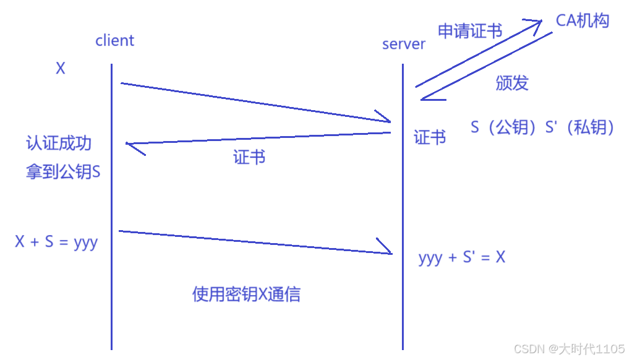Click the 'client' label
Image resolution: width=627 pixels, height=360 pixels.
[x=114, y=41]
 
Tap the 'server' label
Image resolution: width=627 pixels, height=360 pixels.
[x=404, y=44]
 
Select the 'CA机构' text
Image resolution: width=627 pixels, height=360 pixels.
[x=582, y=20]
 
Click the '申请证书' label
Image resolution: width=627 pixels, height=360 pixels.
[x=470, y=31]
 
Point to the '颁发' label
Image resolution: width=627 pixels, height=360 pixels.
[x=512, y=83]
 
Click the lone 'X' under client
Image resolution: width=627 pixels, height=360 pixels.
[x=61, y=69]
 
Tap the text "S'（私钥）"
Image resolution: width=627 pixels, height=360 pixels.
[x=580, y=127]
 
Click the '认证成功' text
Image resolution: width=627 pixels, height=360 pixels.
[x=59, y=144]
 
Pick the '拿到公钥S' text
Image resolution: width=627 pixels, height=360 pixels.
[x=62, y=172]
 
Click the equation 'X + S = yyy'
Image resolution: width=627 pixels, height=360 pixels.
[x=56, y=242]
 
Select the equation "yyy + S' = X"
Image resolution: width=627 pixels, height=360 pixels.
[x=461, y=257]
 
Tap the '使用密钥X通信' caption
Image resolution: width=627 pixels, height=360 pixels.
[x=246, y=294]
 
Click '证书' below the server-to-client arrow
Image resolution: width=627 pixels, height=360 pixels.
[x=249, y=157]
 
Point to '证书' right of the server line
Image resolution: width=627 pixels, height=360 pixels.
[x=430, y=137]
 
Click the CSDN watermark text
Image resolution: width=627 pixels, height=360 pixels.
[x=569, y=349]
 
